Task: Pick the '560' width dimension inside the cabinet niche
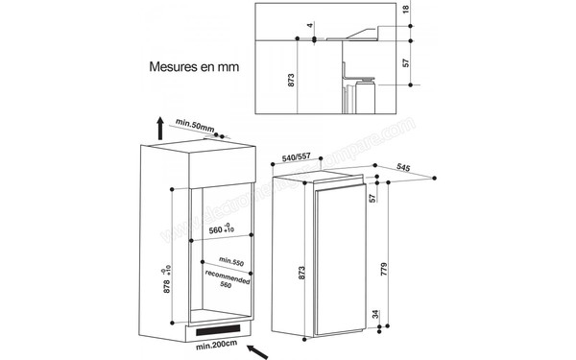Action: click(221, 231)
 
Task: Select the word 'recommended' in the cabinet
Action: click(228, 276)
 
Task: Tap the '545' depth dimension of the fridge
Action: click(404, 168)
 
